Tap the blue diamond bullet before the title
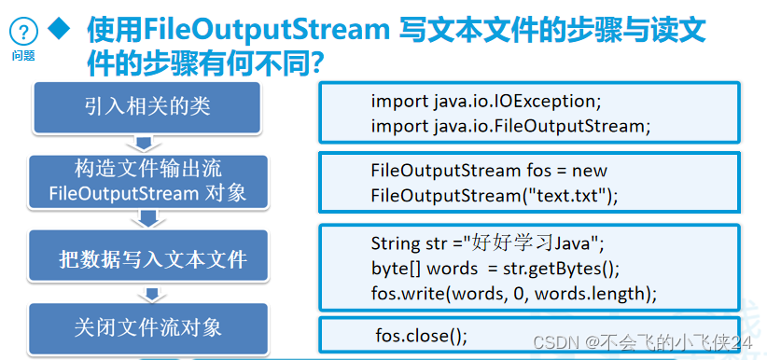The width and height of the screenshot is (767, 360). [61, 30]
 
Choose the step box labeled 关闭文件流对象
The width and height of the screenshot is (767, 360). [148, 327]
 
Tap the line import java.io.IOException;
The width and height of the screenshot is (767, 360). [482, 101]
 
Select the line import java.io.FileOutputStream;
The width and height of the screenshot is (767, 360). [509, 125]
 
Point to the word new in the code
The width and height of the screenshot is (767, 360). [590, 171]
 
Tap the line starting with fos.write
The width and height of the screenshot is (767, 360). [514, 293]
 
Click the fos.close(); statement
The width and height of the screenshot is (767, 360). [421, 335]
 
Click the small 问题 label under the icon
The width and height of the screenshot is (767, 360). [23, 55]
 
